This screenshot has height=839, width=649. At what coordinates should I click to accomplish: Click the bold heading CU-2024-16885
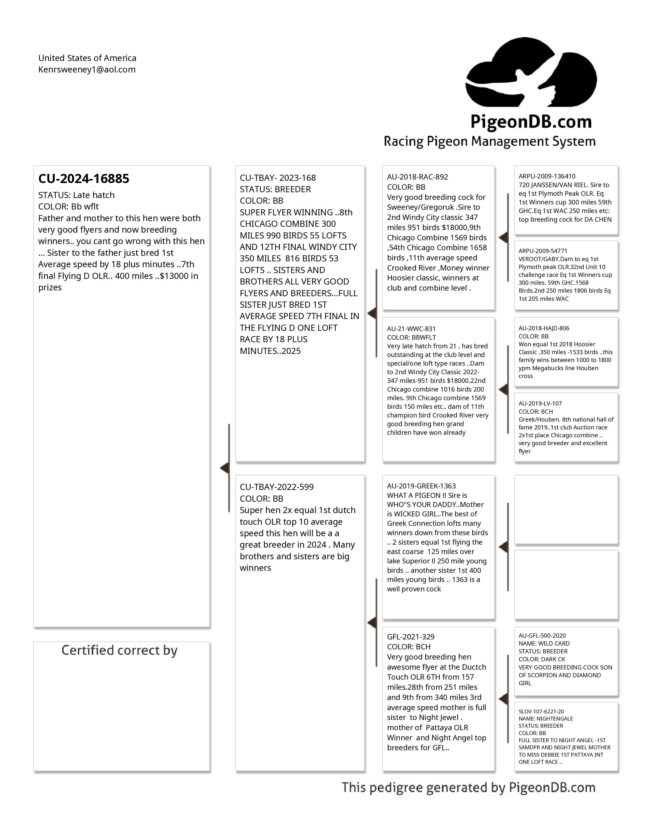pyautogui.click(x=84, y=179)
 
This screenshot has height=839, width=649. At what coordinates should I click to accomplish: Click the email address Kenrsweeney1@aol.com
pyautogui.click(x=87, y=69)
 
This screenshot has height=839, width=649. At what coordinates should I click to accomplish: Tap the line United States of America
pyautogui.click(x=87, y=58)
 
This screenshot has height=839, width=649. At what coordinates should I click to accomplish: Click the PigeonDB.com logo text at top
pyautogui.click(x=531, y=122)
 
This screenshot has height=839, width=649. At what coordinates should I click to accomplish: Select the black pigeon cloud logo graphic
pyautogui.click(x=531, y=73)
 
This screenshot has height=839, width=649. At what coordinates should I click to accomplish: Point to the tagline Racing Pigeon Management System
pyautogui.click(x=489, y=141)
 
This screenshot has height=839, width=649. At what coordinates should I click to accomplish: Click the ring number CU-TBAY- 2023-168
pyautogui.click(x=278, y=178)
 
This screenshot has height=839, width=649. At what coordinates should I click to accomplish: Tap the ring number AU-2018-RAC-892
pyautogui.click(x=417, y=177)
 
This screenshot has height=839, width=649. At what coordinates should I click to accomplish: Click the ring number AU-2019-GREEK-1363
pyautogui.click(x=421, y=486)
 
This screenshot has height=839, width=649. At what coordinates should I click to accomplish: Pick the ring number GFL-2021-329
pyautogui.click(x=411, y=637)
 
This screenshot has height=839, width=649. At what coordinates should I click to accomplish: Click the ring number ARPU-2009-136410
pyautogui.click(x=547, y=176)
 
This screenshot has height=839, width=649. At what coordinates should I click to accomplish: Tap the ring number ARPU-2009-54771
pyautogui.click(x=543, y=251)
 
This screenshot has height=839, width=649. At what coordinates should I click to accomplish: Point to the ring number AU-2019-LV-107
pyautogui.click(x=540, y=403)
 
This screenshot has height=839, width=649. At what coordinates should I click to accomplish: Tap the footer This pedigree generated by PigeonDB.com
pyautogui.click(x=468, y=788)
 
